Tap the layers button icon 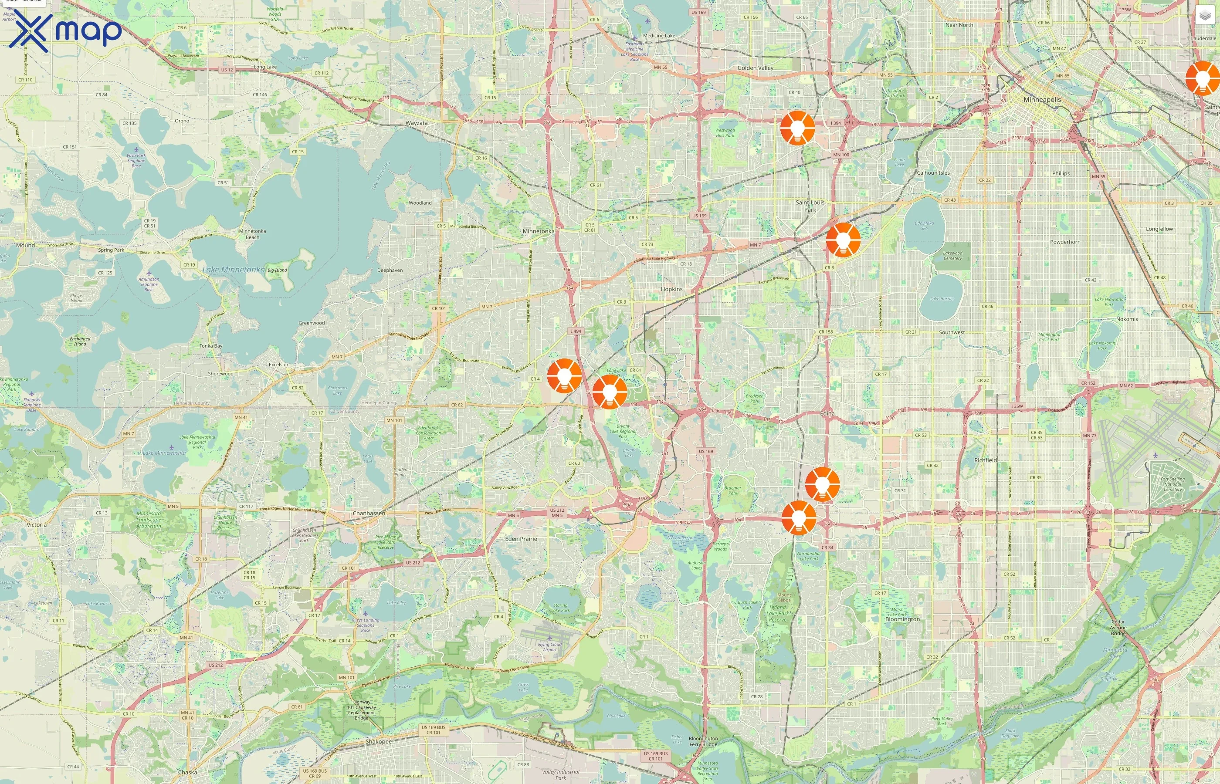pos(1204,16)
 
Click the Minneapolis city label pos(1042,100)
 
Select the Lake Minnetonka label pos(233,269)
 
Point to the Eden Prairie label pos(521,539)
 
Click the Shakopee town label pos(378,741)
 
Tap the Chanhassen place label pos(369,513)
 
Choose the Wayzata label pos(417,123)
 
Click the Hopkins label pos(671,289)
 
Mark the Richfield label pos(985,460)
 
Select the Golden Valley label pos(755,68)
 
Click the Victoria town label pos(37,524)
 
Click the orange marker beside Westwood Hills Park pos(797,128)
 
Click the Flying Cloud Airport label pos(549,646)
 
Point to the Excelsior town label pos(278,365)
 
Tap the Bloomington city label pos(902,619)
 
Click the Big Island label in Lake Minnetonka pos(277,270)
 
